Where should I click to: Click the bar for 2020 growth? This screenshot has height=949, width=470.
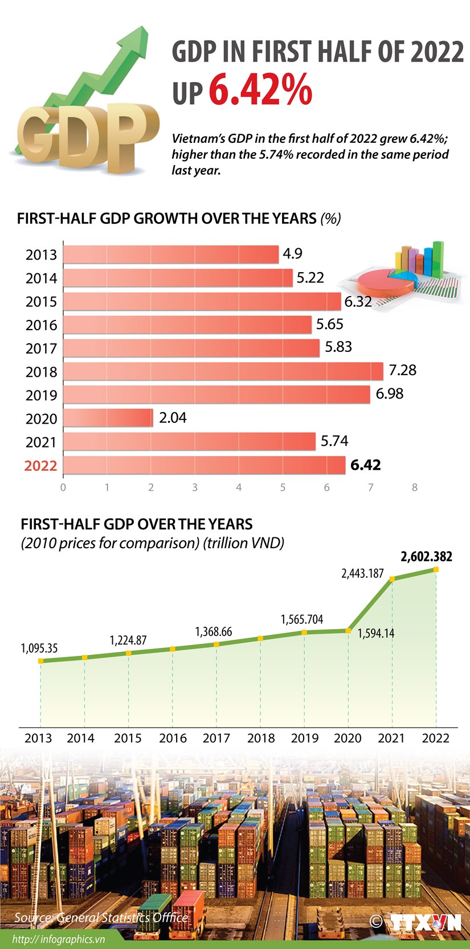108,418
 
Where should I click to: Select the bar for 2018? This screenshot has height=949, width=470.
223,371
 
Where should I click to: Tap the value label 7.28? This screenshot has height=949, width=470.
402,370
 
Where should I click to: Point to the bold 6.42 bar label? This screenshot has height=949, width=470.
365,465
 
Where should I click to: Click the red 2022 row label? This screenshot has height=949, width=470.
40,466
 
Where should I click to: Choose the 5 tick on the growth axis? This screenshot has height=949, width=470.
283,487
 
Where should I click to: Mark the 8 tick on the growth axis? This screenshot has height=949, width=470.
415,487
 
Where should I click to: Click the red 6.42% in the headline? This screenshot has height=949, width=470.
260,90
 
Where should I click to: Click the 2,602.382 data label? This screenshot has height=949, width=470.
426,556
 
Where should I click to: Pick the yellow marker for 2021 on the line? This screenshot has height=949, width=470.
392,580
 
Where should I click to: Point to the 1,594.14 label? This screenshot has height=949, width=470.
376,633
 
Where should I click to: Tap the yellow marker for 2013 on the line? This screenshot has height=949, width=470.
40,661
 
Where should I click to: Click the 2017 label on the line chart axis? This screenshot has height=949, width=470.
216,738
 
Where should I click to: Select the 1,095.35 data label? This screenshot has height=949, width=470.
39,648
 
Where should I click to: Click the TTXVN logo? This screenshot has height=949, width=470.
425,922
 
